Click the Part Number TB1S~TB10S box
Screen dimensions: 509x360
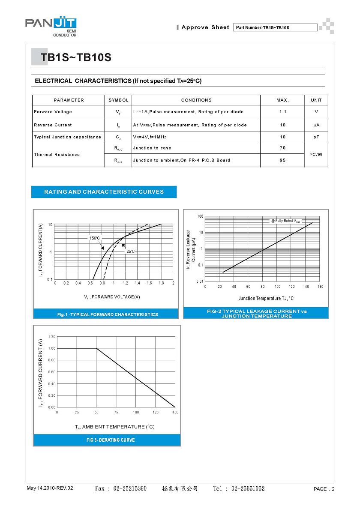[x=275, y=28]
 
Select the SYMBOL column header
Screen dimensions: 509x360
[x=118, y=100]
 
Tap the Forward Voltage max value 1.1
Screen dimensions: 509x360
[x=282, y=112]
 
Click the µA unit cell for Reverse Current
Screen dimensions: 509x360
[x=316, y=125]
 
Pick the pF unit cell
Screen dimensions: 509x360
[x=316, y=137]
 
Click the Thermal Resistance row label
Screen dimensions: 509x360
[x=57, y=155]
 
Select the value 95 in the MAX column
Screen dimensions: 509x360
[x=282, y=160]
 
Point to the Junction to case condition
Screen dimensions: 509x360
[x=152, y=148]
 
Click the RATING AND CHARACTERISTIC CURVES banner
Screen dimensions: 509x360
[x=104, y=192]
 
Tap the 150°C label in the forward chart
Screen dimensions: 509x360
[x=95, y=238]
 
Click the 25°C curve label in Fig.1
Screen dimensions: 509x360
[x=130, y=252]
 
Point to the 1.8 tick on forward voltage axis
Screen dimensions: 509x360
[x=161, y=283]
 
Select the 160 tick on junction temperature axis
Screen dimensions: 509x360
[x=321, y=286]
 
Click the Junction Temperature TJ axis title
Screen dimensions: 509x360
[x=266, y=298]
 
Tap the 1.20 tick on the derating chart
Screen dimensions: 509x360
[x=52, y=337]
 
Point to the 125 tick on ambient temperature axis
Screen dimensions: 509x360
[x=156, y=412]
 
